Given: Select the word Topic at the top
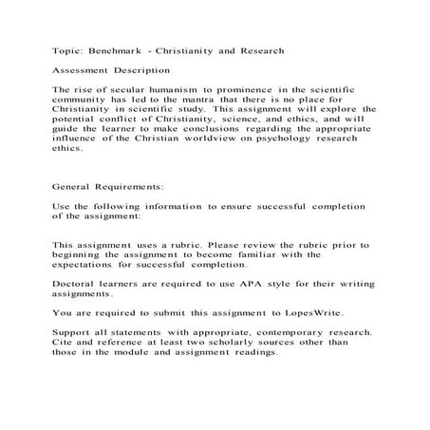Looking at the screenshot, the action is pyautogui.click(x=68, y=50).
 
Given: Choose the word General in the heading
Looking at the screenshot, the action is pyautogui.click(x=76, y=188).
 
